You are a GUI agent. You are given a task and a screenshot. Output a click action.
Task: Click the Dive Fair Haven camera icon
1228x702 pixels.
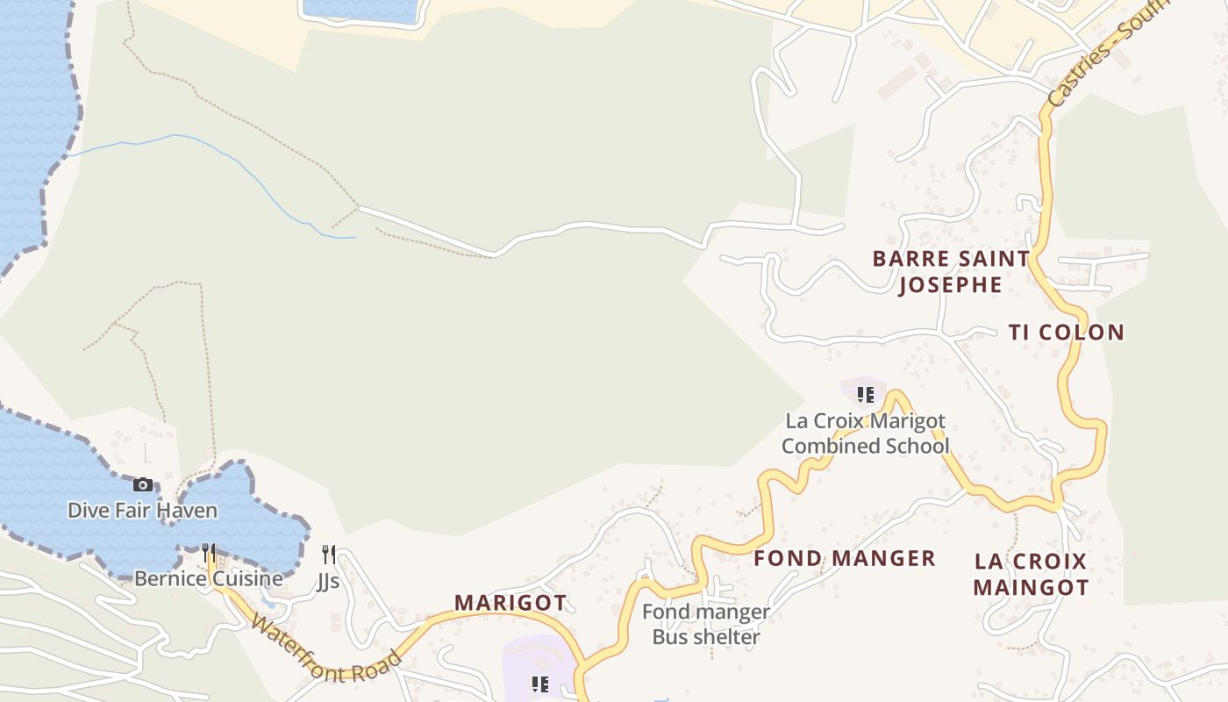[142, 484]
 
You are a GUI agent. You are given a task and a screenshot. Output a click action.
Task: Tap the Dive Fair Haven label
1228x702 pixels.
[142, 510]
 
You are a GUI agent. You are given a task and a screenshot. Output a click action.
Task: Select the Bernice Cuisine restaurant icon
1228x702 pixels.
[208, 553]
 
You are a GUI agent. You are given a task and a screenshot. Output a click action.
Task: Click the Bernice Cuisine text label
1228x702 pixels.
[208, 578]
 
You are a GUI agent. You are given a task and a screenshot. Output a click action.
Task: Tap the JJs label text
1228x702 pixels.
[328, 581]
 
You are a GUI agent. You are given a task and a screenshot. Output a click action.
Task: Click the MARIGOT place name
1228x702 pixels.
[510, 603]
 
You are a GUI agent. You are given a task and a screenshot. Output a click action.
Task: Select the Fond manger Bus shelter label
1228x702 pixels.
[706, 624]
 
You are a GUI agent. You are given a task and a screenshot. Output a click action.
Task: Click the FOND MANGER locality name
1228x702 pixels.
[845, 558]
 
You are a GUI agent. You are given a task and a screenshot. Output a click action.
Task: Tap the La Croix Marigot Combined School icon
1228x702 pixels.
[866, 395]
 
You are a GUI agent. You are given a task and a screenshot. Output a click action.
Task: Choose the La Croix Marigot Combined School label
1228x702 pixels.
[866, 433]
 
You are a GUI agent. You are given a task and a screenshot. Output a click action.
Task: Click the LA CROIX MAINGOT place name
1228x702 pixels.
[1031, 574]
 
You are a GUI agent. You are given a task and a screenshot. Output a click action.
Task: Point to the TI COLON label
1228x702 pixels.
[1066, 333]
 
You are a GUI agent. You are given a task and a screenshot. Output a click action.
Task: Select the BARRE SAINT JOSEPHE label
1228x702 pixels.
[951, 271]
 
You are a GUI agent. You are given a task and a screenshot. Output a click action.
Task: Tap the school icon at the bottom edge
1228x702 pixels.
[540, 684]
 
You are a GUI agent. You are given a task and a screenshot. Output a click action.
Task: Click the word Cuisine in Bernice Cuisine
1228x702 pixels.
[246, 578]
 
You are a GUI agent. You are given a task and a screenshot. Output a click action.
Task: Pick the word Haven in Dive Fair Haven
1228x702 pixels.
[192, 510]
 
